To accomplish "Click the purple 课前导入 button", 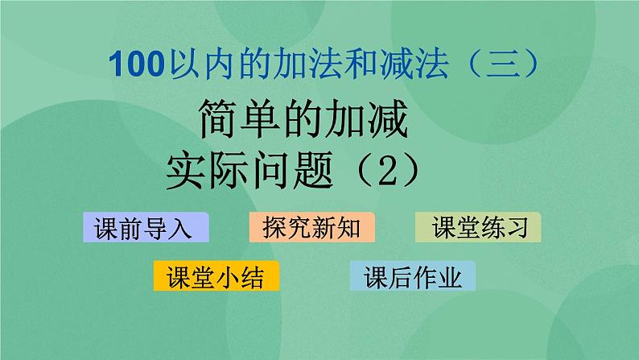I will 146,228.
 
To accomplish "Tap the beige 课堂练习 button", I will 478,228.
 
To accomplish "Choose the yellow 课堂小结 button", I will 216,277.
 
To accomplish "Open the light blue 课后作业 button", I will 413,277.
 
